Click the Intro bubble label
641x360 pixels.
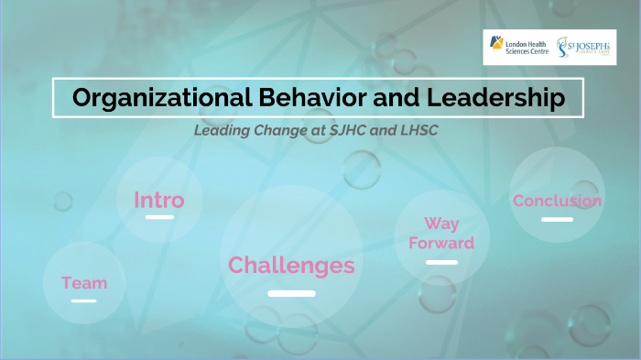point(159,200)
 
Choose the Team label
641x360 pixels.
point(84,283)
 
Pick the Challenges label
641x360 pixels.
point(291,266)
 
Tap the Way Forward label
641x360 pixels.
point(441,234)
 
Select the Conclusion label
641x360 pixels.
point(557,201)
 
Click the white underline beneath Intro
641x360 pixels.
point(159,217)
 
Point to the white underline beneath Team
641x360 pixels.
point(84,300)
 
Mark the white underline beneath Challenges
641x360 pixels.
point(291,293)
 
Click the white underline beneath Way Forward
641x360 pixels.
point(441,262)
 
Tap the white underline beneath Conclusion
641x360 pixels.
point(557,220)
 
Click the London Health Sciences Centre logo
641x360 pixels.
point(518,47)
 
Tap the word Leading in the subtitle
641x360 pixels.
point(221,130)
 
